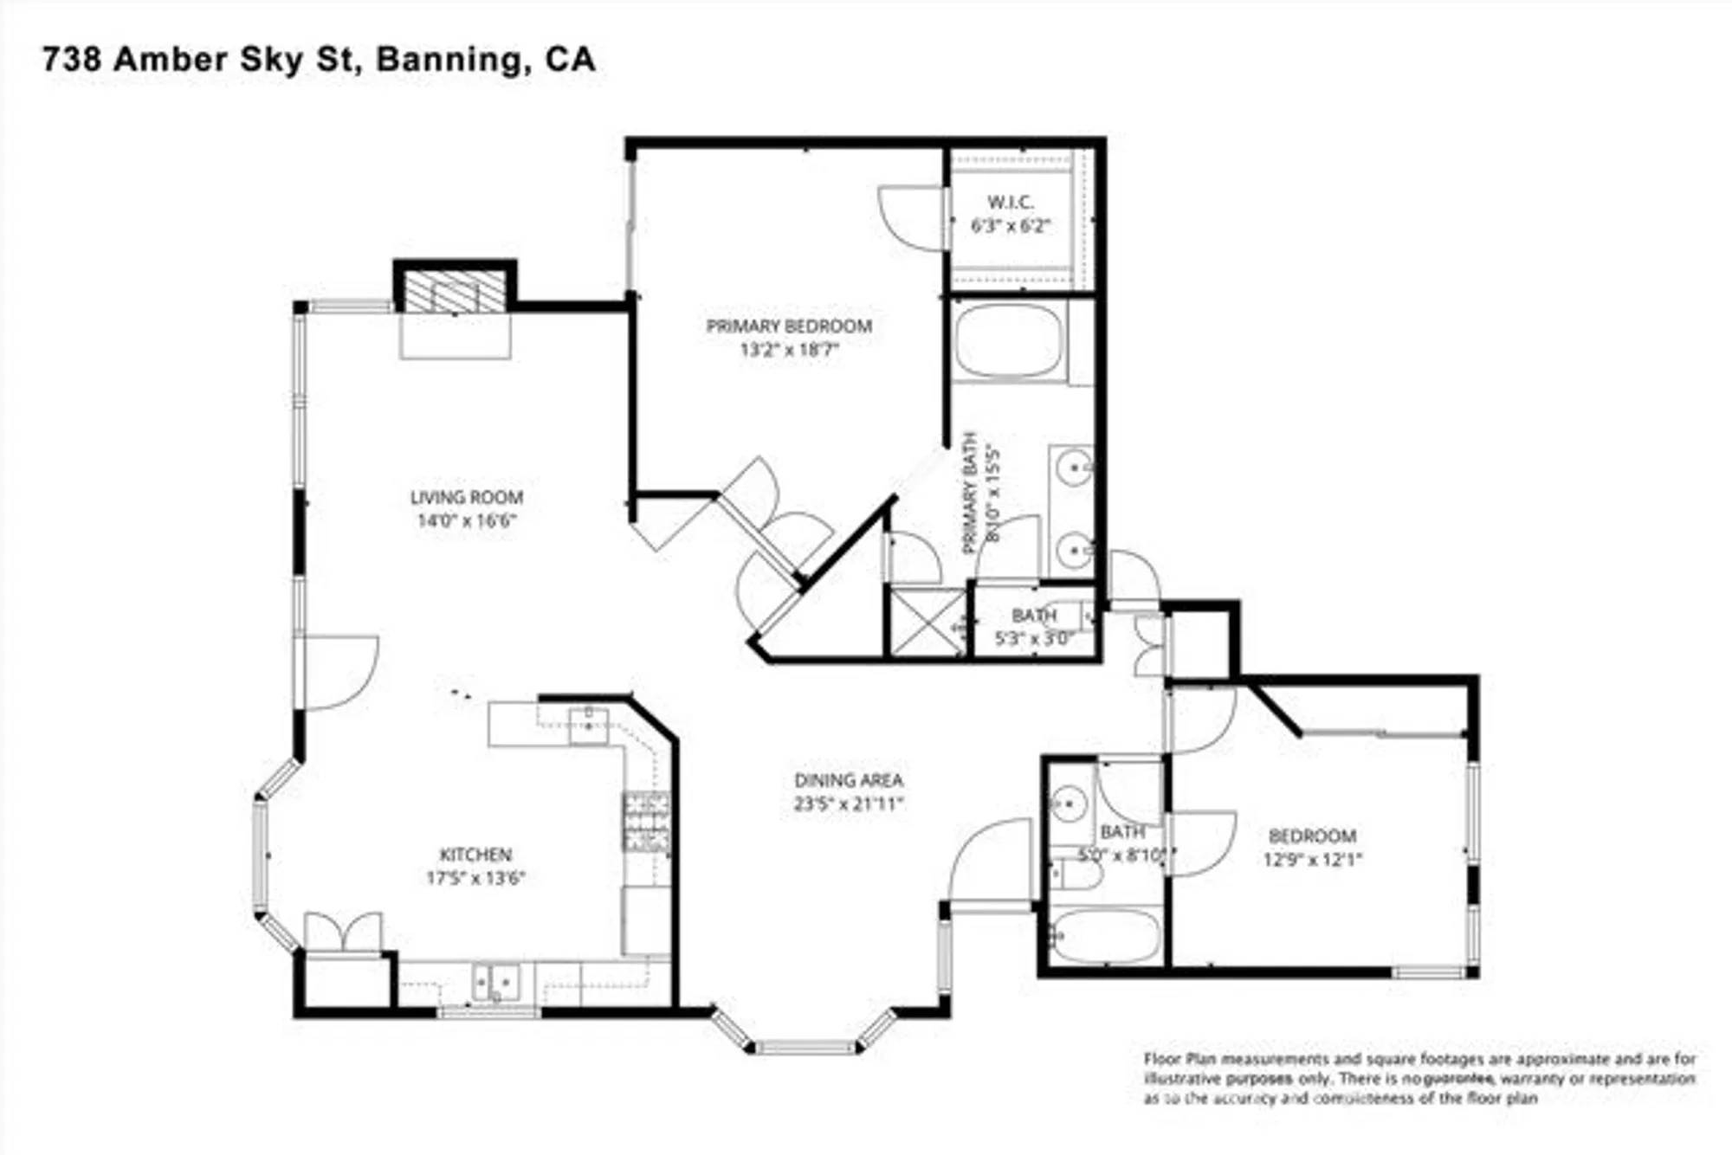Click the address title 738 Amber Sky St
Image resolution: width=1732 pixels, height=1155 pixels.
pyautogui.click(x=318, y=60)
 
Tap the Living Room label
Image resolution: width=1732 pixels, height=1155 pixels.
pyautogui.click(x=466, y=498)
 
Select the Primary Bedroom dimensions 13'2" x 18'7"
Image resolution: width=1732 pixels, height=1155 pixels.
pyautogui.click(x=789, y=350)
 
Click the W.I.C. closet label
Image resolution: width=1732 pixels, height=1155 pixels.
pyautogui.click(x=1010, y=203)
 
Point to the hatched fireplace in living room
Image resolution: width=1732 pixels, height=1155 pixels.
pyautogui.click(x=456, y=292)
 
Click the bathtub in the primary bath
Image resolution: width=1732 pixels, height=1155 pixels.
pyautogui.click(x=1008, y=340)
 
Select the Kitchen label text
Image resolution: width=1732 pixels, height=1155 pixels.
pyautogui.click(x=475, y=855)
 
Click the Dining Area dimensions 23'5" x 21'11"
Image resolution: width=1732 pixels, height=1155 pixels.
pyautogui.click(x=848, y=803)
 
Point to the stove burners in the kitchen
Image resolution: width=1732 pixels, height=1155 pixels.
pyautogui.click(x=646, y=823)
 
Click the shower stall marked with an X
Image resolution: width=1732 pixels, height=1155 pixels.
pyautogui.click(x=927, y=622)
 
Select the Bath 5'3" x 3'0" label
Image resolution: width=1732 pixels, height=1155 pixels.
pyautogui.click(x=1034, y=627)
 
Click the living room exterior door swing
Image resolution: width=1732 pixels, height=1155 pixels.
pyautogui.click(x=339, y=672)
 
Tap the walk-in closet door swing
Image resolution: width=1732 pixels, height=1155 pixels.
pyautogui.click(x=911, y=218)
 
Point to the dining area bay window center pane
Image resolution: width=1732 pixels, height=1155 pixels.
pyautogui.click(x=805, y=1048)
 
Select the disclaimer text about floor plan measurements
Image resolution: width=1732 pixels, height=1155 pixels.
pyautogui.click(x=1419, y=1078)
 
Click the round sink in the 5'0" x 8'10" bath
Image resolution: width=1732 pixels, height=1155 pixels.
pyautogui.click(x=1070, y=803)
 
